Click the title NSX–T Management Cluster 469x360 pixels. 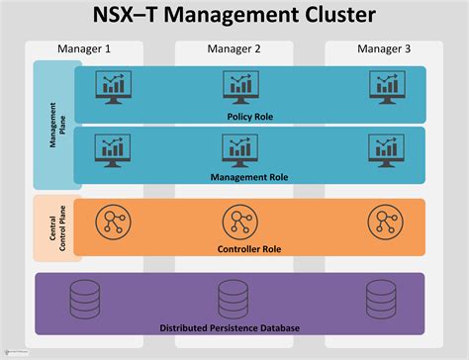(234, 17)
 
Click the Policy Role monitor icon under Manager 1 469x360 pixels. (111, 87)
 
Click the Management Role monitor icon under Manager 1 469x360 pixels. (111, 148)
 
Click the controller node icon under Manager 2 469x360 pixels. (238, 220)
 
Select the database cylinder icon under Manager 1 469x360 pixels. (83, 296)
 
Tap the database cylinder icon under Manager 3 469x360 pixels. (379, 296)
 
